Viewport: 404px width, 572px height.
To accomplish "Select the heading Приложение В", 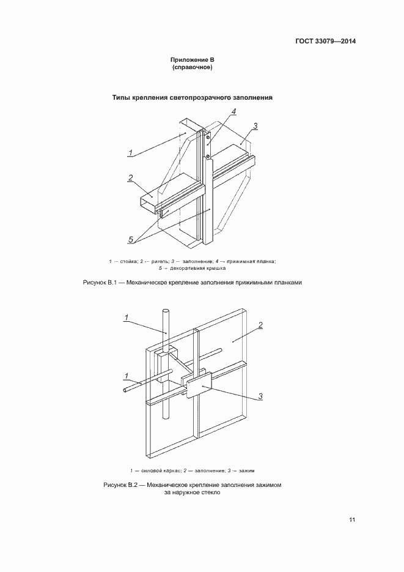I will coord(192,60).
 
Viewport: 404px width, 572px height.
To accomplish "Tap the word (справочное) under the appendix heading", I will coord(192,67).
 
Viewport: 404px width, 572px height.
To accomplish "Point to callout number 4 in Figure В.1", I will coord(233,111).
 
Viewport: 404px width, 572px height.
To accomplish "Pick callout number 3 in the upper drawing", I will coord(255,126).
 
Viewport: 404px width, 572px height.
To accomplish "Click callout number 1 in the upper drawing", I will coord(131,152).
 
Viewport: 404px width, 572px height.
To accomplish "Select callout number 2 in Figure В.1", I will coord(130,178).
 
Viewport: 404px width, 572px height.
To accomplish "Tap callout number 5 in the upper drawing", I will coord(130,239).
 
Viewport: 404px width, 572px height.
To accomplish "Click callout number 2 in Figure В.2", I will coord(260,325).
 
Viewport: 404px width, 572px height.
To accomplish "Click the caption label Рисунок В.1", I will coord(99,283).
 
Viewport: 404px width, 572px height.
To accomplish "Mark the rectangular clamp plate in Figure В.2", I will coord(198,386).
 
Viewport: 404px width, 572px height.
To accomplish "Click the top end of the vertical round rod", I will coord(164,311).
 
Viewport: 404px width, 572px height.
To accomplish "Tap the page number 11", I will coord(352,520).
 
